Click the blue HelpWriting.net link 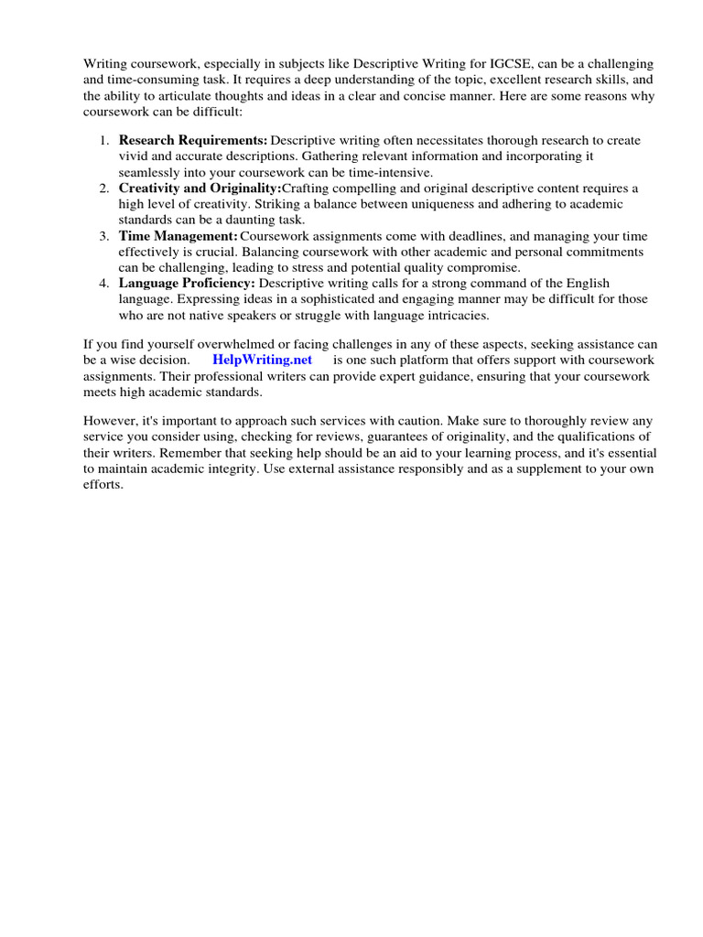pos(262,361)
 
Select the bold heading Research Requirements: pos(193,140)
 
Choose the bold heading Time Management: pos(178,235)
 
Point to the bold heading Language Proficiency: pos(187,283)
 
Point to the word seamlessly pos(149,172)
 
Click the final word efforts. pos(103,485)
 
